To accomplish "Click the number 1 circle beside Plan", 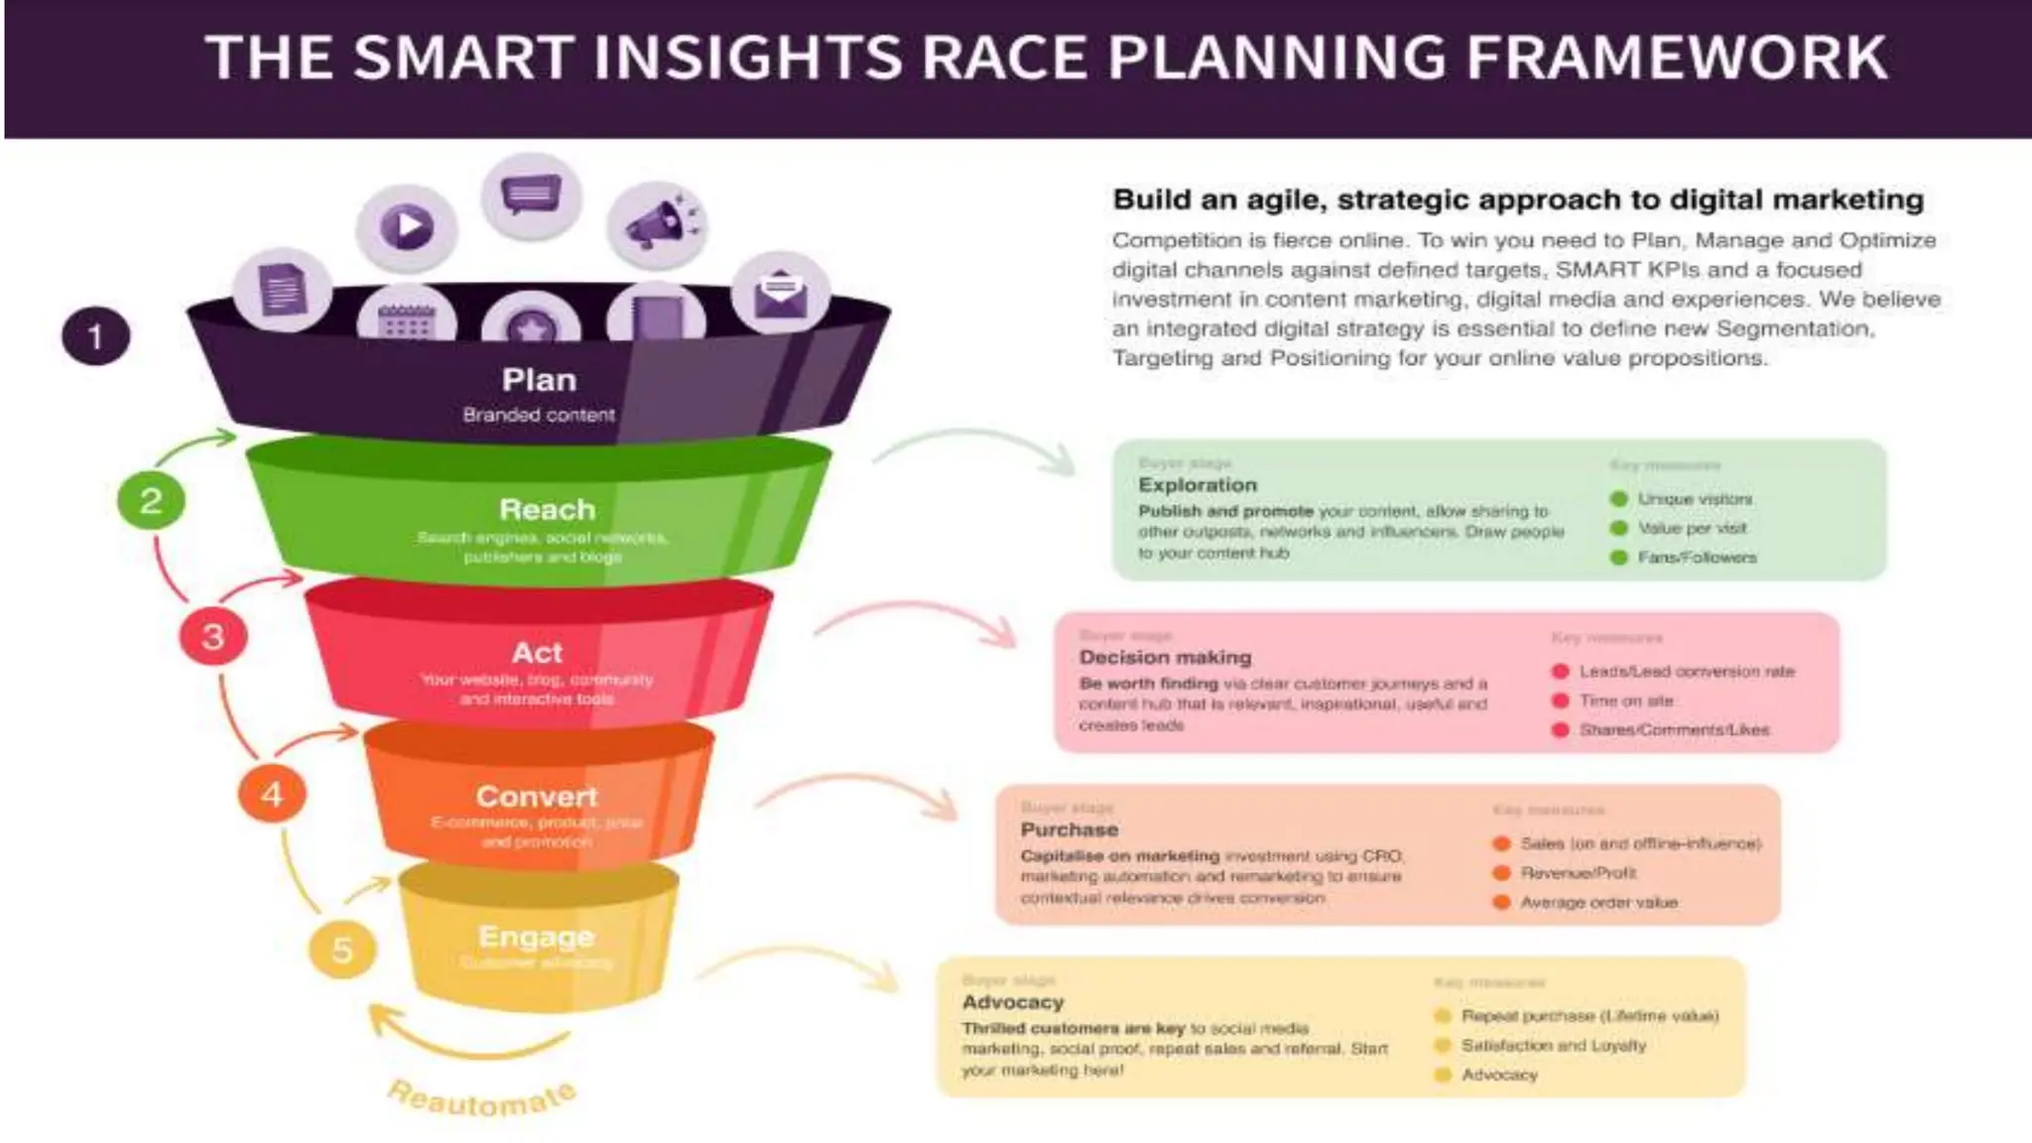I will (95, 336).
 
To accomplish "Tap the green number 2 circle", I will (151, 500).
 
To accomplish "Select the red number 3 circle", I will (212, 637).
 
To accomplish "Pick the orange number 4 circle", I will (272, 794).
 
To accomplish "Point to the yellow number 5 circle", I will (342, 951).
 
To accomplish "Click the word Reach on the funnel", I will (547, 510).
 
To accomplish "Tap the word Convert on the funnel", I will (537, 797).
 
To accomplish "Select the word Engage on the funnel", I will (537, 937).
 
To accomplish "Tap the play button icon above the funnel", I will (407, 227).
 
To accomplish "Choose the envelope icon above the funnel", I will (780, 293).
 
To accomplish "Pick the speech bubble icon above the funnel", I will (531, 194).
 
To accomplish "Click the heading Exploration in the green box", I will (1198, 485).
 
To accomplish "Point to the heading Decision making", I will (1166, 657).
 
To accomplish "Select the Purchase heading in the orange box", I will (1070, 829).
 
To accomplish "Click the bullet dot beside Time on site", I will (1561, 700).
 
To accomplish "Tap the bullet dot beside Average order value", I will (1502, 902).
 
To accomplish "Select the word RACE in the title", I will (1004, 58).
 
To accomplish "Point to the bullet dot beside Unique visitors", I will (1619, 499).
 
